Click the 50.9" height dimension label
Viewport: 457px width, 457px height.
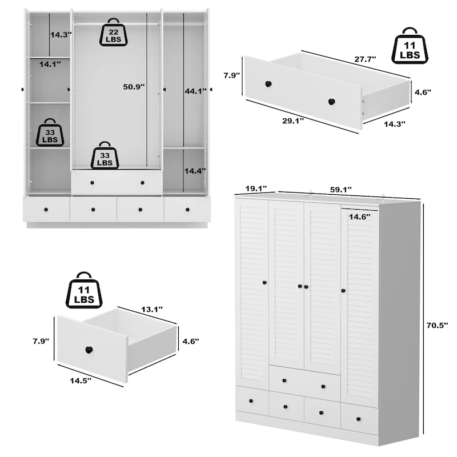[x=134, y=87]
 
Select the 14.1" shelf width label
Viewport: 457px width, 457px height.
[x=50, y=65]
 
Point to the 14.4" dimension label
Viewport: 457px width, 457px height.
[x=195, y=170]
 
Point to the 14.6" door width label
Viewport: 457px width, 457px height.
[x=359, y=217]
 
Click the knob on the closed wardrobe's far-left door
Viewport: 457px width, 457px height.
[x=264, y=283]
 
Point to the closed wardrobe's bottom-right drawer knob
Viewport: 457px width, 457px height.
[x=358, y=419]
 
